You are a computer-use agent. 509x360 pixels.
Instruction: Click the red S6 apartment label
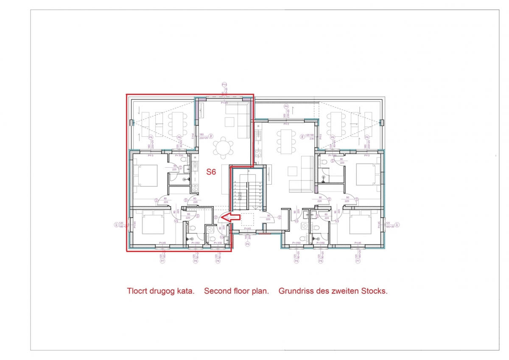(211, 172)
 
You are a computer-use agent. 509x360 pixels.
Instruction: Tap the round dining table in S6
(223, 149)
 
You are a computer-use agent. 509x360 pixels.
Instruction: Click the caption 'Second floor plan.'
(236, 291)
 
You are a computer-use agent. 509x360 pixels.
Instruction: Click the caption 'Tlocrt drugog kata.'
(161, 291)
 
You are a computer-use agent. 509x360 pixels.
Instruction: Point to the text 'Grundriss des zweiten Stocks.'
(333, 291)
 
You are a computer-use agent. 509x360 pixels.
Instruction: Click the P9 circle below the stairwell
(248, 245)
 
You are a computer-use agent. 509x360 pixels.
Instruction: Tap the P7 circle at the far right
(397, 225)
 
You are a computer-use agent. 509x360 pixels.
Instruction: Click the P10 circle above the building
(224, 85)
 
